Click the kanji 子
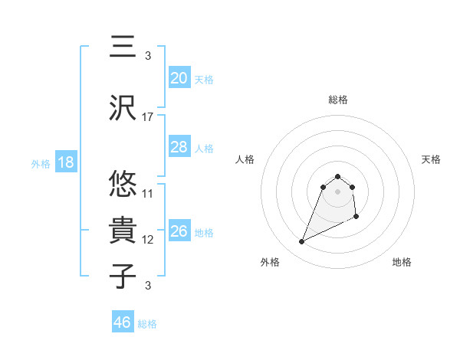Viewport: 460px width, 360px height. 123,276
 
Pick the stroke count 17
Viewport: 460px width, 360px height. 148,117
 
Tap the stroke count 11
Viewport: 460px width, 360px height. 148,193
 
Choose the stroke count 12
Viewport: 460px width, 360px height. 148,240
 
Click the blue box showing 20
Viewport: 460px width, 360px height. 179,77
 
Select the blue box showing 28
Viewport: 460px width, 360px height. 179,147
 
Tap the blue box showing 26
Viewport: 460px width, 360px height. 179,231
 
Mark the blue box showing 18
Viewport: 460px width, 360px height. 65,162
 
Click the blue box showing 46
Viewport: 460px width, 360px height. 122,322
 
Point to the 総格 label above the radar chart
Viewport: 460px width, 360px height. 337,100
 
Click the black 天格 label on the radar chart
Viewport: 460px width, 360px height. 432,159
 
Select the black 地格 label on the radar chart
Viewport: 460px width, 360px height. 402,262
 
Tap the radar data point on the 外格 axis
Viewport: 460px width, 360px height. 301,242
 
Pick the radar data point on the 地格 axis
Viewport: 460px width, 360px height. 357,218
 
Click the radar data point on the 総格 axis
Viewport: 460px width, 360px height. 338,175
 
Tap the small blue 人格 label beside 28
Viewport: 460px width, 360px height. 204,148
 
